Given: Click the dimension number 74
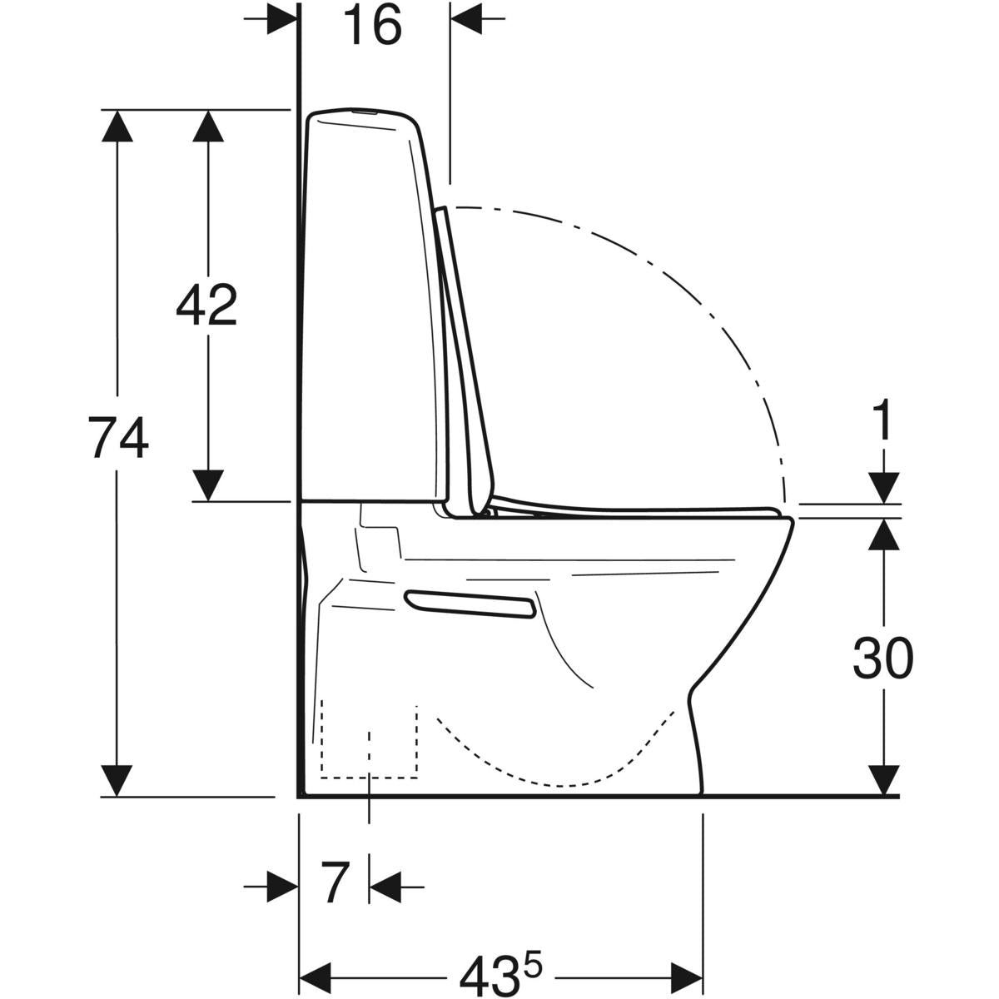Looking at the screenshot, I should tap(119, 440).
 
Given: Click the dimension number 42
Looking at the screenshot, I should tap(206, 305).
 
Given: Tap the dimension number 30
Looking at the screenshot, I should tap(882, 659).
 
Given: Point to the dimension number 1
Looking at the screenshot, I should tap(882, 421).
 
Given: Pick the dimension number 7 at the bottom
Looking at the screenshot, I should tap(333, 884).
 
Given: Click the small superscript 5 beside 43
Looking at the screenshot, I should tap(533, 957).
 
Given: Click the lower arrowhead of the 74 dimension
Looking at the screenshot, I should tap(117, 781).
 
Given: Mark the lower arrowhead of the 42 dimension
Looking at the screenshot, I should tap(207, 485).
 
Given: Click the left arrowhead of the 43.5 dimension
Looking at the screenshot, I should tap(316, 972).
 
